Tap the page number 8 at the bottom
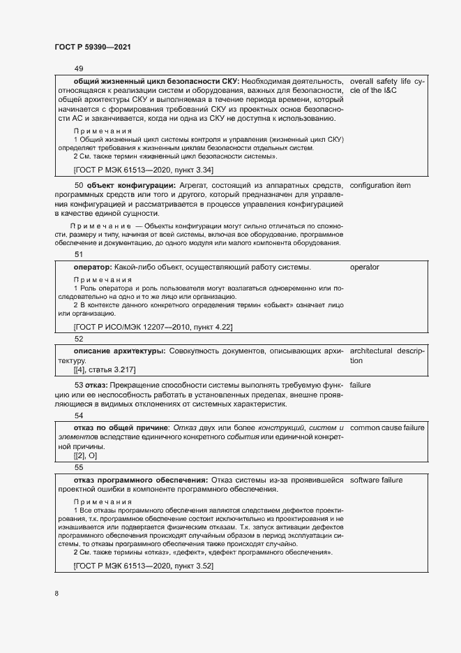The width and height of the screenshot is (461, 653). [56, 594]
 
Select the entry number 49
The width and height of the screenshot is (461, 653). [78, 68]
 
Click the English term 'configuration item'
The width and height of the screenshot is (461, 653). [380, 185]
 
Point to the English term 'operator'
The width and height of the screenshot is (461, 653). [365, 267]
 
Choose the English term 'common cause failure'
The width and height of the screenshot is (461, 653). [387, 427]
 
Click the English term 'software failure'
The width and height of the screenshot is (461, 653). [377, 480]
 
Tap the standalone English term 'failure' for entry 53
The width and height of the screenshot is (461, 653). [361, 384]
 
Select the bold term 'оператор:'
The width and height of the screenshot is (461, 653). [93, 267]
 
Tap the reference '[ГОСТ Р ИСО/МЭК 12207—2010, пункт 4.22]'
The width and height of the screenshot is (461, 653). [153, 326]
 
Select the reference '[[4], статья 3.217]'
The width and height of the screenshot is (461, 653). [104, 369]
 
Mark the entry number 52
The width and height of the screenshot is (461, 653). [78, 338]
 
